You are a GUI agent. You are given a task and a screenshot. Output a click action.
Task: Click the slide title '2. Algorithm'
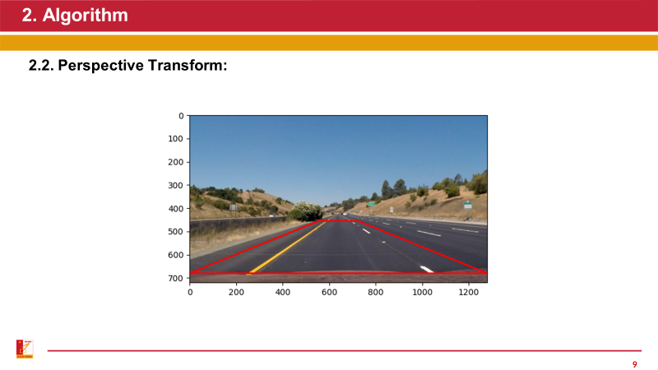coord(75,15)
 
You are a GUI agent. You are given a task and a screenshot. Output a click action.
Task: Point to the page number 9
coord(634,364)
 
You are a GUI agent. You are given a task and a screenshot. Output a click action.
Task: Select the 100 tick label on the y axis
coord(176,139)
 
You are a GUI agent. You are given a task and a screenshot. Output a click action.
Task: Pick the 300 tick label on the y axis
coord(176,186)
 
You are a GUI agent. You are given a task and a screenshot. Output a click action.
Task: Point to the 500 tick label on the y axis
coord(176,232)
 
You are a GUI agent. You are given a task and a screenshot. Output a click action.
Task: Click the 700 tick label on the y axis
coord(176,279)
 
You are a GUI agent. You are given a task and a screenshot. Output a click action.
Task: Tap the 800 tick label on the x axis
coord(376,292)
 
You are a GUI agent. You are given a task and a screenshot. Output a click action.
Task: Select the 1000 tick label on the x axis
coord(422,292)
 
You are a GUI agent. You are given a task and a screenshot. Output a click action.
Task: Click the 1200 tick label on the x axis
coord(469,292)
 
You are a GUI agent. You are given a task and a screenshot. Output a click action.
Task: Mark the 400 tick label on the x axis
coord(283,292)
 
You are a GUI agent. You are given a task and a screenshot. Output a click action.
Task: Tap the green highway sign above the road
coord(371,204)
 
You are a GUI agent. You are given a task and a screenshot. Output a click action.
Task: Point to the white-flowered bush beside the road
coord(306,212)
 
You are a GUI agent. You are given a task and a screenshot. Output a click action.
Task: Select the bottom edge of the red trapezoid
coord(337,273)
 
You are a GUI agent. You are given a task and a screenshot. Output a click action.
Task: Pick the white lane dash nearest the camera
coord(426,268)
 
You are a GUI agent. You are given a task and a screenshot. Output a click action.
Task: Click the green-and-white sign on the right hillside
coord(468,205)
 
